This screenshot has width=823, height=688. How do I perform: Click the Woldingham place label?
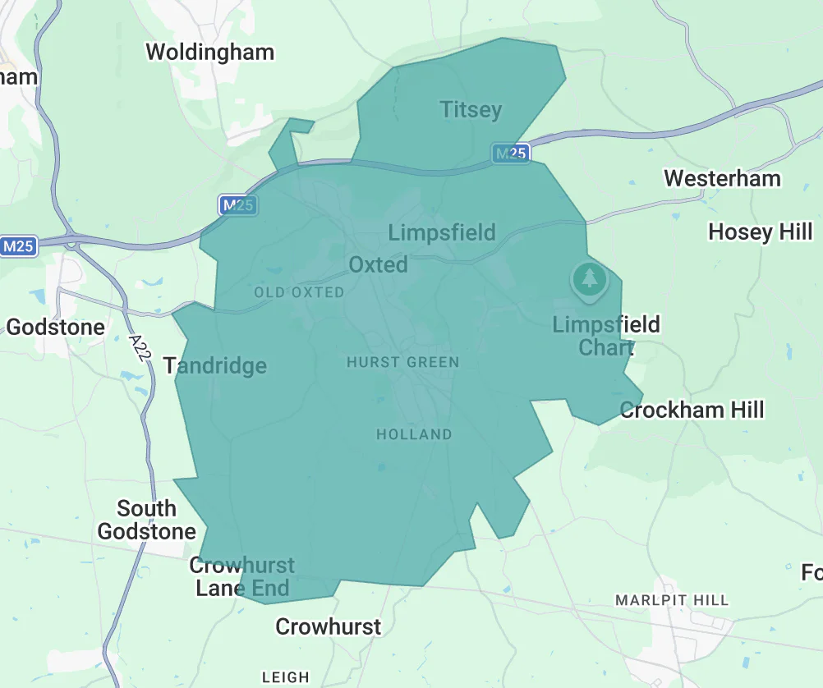209,53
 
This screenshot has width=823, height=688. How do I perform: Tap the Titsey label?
471,109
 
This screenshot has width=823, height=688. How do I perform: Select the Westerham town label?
722,178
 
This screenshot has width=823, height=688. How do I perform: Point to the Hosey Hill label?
760,232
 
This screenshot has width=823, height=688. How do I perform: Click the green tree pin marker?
589,279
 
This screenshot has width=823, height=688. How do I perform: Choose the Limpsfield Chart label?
606,336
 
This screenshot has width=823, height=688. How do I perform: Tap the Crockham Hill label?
692,410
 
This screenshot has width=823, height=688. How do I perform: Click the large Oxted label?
378,264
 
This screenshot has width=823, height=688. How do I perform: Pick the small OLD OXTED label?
299,292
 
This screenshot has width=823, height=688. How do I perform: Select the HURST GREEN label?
402,362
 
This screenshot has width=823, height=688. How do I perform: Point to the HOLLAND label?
414,434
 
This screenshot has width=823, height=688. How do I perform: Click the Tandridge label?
215,365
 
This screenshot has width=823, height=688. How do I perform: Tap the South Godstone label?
146,520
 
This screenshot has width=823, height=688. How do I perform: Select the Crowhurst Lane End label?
242,576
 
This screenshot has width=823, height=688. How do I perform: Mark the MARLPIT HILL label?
672,600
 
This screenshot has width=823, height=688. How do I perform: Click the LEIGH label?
286,677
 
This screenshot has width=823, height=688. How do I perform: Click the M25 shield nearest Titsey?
510,153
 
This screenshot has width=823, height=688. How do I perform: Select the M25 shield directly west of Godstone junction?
18,246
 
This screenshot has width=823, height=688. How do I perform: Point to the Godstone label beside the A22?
56,327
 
